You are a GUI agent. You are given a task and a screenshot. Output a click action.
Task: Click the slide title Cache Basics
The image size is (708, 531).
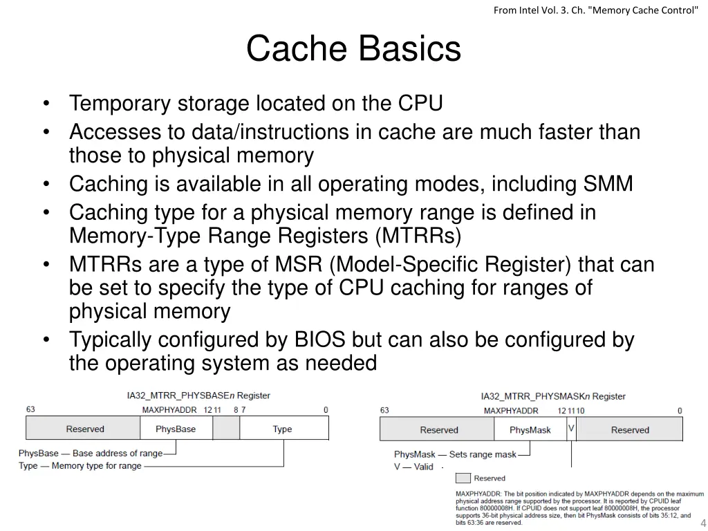(x=353, y=49)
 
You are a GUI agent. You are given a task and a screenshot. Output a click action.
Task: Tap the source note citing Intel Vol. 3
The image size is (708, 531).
(x=596, y=10)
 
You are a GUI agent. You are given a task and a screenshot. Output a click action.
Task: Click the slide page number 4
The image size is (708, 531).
(x=702, y=523)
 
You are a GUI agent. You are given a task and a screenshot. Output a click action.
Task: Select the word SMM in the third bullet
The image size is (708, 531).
(x=608, y=185)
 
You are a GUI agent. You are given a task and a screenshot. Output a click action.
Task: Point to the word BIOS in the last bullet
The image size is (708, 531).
(x=321, y=340)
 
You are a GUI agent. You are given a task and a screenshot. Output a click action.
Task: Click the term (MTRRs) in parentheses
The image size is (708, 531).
(x=418, y=236)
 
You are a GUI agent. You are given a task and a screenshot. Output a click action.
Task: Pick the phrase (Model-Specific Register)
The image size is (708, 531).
(x=451, y=265)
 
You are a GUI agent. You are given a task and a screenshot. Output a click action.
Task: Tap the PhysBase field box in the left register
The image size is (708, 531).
(x=176, y=429)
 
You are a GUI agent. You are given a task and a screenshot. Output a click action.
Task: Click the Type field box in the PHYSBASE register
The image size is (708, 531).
(x=283, y=429)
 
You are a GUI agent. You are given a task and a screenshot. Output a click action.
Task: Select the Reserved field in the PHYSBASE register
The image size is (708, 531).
(x=85, y=429)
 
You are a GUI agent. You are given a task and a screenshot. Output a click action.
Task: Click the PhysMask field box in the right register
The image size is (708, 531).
(x=530, y=430)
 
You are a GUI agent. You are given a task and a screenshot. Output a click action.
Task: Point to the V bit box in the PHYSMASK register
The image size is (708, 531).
(x=571, y=429)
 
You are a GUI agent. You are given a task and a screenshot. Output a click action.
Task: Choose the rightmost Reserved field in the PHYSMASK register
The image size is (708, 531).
(x=630, y=430)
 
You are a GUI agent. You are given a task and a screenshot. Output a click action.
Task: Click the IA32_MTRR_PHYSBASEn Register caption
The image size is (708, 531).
(x=198, y=395)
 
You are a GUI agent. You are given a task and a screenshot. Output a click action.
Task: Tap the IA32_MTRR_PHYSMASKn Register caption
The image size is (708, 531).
(x=553, y=396)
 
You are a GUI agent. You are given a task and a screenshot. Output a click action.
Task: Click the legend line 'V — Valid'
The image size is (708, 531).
(x=413, y=467)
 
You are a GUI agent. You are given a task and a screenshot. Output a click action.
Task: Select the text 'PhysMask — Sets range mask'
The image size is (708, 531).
(x=456, y=454)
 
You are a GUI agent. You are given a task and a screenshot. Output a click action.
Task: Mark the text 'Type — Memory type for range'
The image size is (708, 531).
(x=80, y=466)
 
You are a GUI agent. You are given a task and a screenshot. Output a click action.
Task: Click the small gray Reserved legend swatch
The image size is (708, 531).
(x=463, y=478)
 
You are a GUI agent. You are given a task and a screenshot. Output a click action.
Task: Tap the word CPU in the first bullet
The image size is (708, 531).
(x=420, y=104)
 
